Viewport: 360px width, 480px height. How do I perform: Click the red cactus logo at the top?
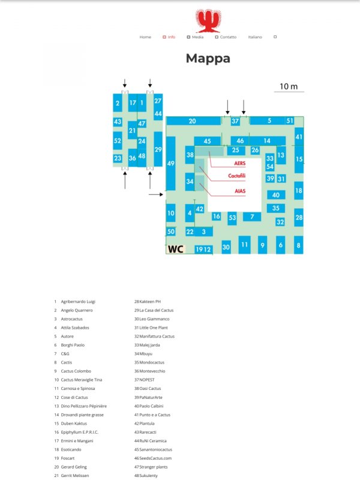click(x=208, y=20)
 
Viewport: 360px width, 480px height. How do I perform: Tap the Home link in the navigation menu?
click(x=145, y=37)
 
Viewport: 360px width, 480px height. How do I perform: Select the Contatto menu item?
click(x=228, y=37)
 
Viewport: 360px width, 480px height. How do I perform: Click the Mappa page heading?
click(x=208, y=58)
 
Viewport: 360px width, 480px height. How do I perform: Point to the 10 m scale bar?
click(x=289, y=92)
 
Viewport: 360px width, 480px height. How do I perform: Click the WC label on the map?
click(x=175, y=249)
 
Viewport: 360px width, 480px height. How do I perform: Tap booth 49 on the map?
click(x=171, y=163)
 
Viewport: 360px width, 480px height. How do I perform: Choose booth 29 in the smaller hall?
click(x=158, y=149)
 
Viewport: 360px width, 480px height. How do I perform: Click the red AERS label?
click(x=239, y=163)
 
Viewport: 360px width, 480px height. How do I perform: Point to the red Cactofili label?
click(x=236, y=176)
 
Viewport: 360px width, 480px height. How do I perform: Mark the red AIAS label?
click(x=240, y=191)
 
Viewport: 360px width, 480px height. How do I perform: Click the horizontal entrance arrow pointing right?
click(x=156, y=194)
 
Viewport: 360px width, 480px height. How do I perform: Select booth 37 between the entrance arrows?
click(x=235, y=121)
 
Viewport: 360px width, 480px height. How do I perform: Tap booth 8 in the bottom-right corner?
click(x=298, y=245)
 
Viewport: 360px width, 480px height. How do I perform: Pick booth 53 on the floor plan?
click(x=232, y=218)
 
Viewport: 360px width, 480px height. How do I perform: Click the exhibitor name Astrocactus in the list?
click(x=71, y=319)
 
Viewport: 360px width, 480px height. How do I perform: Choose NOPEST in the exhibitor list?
click(x=147, y=380)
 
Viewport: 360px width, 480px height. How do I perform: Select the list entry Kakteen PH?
click(x=150, y=302)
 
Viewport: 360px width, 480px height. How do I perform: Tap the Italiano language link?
click(x=255, y=37)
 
